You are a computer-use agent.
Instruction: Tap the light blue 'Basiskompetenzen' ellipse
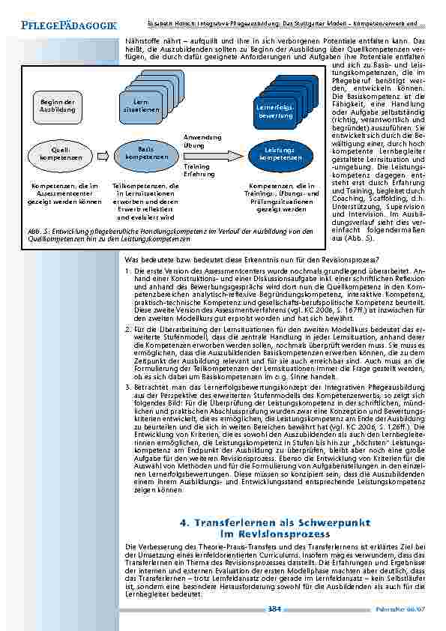(x=142, y=154)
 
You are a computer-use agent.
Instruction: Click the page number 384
(x=275, y=609)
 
